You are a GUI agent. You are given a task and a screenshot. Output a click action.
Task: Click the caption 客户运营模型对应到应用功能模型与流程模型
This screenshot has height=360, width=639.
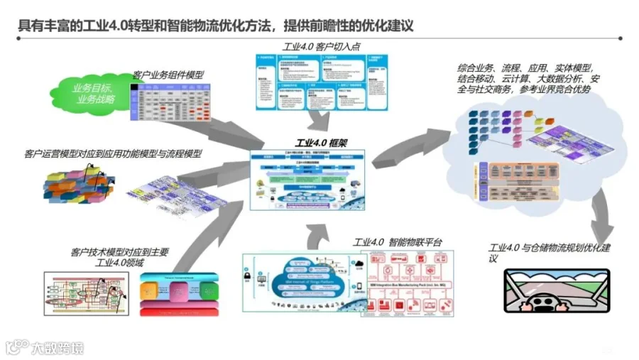pos(104,153)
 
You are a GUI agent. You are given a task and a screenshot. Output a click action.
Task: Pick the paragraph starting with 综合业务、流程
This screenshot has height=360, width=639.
pos(530,78)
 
